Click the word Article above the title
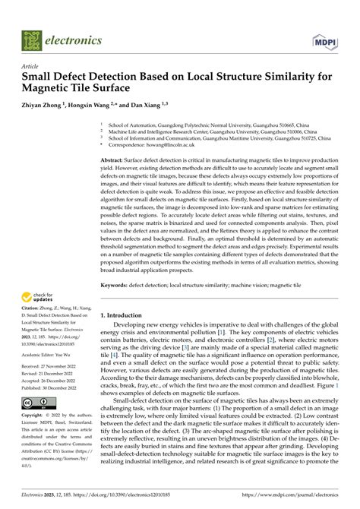(33, 67)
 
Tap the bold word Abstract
(115, 161)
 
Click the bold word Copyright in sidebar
(37, 416)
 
